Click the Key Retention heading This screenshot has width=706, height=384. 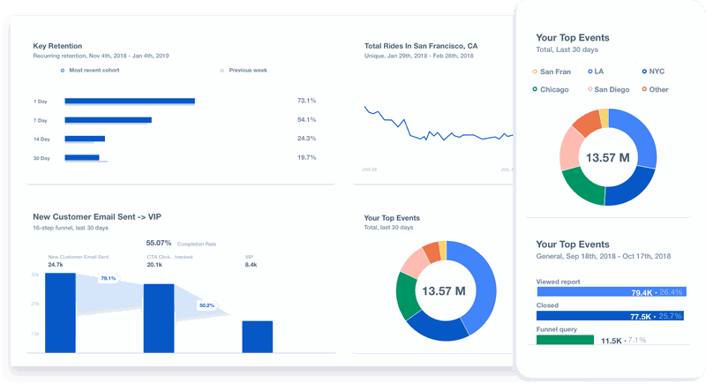point(57,45)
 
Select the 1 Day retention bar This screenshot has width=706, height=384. point(129,102)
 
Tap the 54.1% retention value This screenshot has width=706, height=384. point(306,120)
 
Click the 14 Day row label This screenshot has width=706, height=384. point(42,139)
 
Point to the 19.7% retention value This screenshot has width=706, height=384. point(306,158)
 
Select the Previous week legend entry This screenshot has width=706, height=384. point(246,70)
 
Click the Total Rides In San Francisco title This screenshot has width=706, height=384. point(421,45)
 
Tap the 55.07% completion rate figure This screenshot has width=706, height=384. point(159,242)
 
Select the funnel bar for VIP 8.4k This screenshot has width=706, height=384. point(257,336)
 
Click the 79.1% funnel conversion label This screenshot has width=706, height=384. point(108,278)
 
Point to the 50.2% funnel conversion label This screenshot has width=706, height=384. point(207,305)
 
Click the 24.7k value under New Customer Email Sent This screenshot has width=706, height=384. point(56,265)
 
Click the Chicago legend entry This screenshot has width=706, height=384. point(552,89)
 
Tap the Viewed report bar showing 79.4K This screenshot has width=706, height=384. point(609,292)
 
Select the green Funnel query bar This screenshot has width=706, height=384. point(565,340)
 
